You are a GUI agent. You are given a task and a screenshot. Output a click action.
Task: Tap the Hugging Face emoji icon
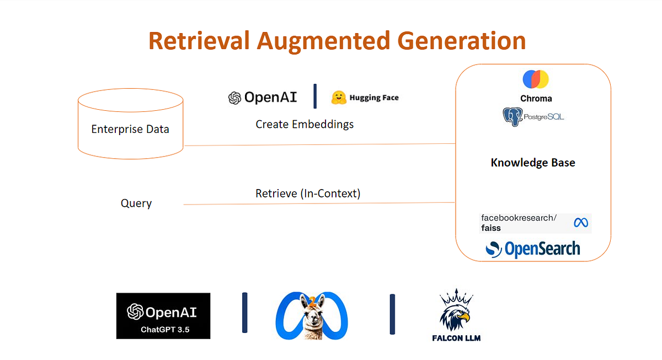coord(338,98)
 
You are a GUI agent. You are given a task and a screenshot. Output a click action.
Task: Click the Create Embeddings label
coord(305,124)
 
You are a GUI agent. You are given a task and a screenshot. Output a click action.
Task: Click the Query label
coord(136,203)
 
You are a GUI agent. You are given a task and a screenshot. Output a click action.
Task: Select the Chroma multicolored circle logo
coord(536,79)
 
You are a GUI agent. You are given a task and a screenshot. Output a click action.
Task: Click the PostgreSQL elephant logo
coord(512,117)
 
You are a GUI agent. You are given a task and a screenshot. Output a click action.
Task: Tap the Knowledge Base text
coord(533,163)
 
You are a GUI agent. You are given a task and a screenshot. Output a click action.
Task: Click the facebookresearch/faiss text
coord(519,223)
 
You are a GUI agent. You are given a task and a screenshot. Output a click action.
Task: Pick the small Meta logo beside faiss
coord(580,223)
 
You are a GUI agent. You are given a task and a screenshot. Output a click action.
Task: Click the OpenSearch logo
coord(533,249)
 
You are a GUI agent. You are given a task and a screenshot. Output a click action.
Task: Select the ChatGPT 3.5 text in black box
coord(163,329)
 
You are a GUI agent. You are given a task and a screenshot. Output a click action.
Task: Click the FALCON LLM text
coord(456,337)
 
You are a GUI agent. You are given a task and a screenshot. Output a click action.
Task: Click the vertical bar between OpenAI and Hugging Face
coord(315,96)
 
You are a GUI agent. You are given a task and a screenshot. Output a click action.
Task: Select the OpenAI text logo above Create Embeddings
coord(263,98)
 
